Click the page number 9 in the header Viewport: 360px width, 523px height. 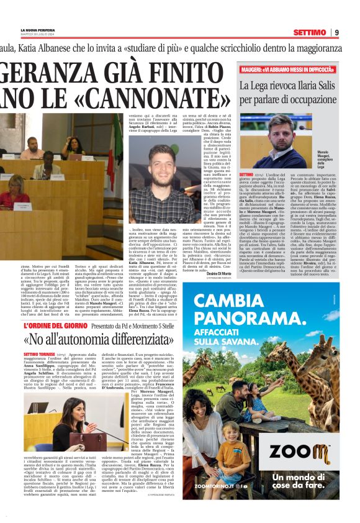336,32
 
